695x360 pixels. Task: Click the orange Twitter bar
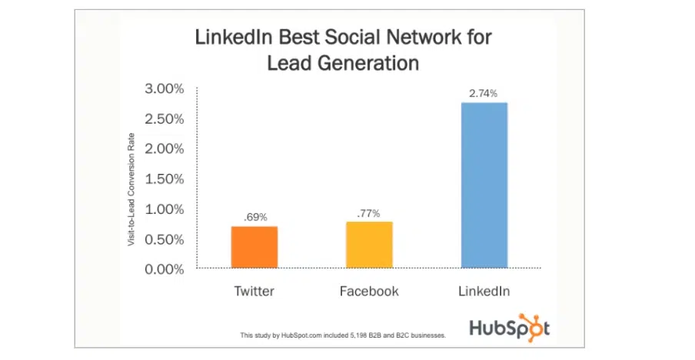tap(254, 247)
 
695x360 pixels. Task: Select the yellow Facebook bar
tap(370, 245)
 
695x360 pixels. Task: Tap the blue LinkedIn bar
tap(484, 185)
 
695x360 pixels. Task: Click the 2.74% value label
tap(484, 93)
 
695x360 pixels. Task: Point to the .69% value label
tap(255, 218)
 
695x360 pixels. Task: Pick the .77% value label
tap(370, 212)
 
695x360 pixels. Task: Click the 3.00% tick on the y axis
tap(165, 88)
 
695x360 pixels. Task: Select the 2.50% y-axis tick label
tap(165, 118)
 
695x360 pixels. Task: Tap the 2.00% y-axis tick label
tap(165, 148)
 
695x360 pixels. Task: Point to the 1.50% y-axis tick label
tap(165, 178)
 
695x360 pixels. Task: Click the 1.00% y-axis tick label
tap(165, 208)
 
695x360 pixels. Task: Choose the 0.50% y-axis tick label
tap(165, 238)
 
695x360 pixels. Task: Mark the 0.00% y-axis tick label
tap(165, 268)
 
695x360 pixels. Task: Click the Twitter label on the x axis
tap(254, 292)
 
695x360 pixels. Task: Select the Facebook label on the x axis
tap(369, 292)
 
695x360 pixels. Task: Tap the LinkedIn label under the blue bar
tap(484, 292)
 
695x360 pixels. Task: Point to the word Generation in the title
tap(366, 62)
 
